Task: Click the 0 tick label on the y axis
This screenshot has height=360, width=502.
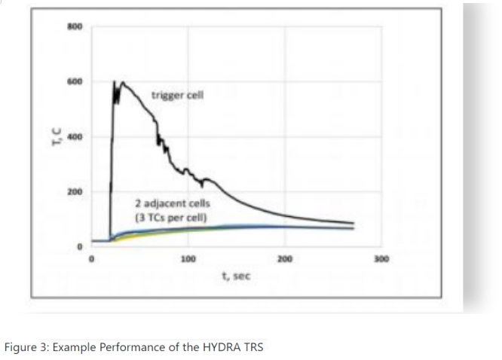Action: pyautogui.click(x=75, y=247)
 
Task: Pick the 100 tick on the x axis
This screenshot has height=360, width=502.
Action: pyautogui.click(x=188, y=260)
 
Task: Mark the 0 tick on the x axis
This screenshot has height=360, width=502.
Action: pyautogui.click(x=92, y=260)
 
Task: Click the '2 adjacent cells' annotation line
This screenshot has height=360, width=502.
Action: pyautogui.click(x=173, y=204)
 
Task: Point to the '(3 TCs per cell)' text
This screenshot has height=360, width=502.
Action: pyautogui.click(x=170, y=218)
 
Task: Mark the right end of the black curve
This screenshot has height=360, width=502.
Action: pyautogui.click(x=354, y=223)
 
